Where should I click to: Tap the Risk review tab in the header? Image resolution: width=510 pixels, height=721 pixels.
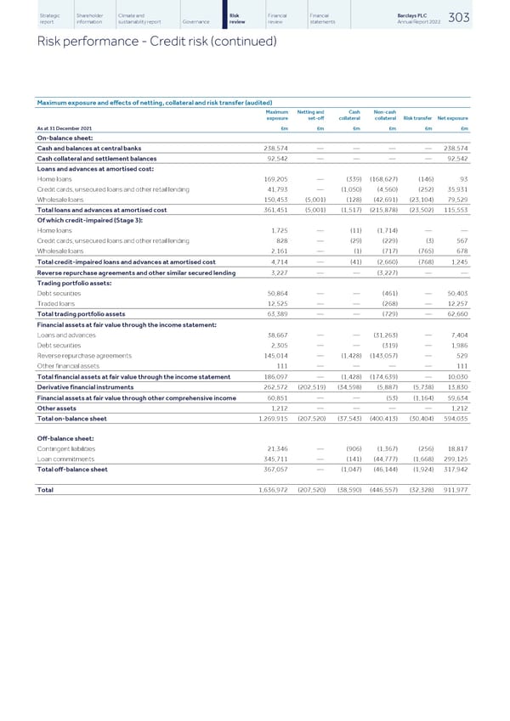[x=239, y=19]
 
